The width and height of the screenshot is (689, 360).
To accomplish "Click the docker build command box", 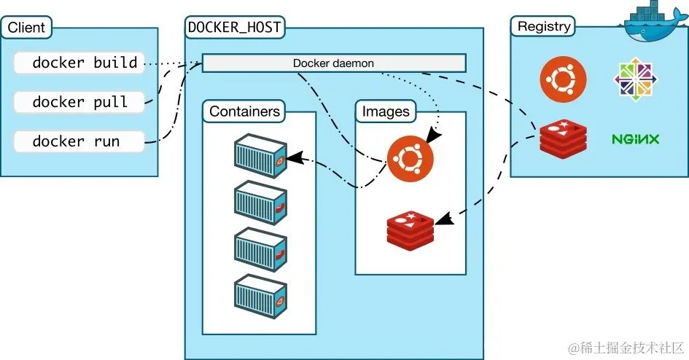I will point(79,63).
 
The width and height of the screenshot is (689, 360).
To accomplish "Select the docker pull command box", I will point(79,102).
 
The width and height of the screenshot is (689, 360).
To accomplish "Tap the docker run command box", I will point(79,141).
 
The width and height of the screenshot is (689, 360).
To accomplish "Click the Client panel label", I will point(27,28).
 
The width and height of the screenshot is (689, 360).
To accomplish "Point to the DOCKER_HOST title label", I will point(235,28).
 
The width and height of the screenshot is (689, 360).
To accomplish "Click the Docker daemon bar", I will point(333,63).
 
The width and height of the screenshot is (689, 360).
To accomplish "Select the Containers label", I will point(244,111).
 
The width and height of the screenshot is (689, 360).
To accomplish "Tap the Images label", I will point(386,111).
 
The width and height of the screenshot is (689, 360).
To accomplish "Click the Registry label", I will point(542,27).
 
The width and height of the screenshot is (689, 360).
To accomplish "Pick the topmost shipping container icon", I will point(260,155).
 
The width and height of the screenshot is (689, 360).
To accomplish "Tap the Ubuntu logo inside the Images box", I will point(410,158).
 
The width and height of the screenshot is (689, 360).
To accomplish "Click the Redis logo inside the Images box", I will point(410,227).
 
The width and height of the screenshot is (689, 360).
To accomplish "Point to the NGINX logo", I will point(635,138).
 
